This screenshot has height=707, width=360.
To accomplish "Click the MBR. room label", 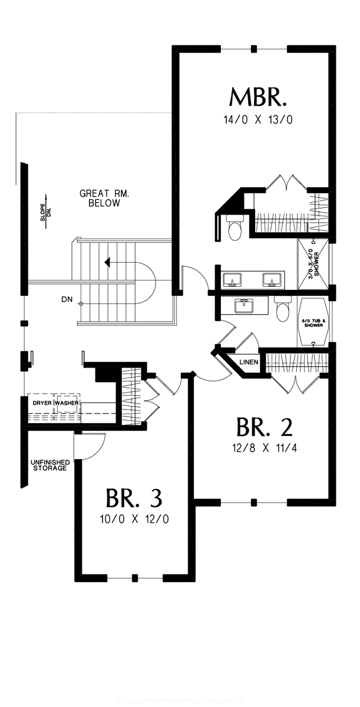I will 258,97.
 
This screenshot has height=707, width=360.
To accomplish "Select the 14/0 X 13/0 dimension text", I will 258,120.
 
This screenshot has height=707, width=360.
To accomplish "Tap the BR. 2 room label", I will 264,426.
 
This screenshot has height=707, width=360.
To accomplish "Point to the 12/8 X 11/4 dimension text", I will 264,448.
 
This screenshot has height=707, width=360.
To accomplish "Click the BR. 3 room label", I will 134,498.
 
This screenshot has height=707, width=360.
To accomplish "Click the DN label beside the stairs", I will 67,300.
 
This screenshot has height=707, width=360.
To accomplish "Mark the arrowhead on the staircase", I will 107,261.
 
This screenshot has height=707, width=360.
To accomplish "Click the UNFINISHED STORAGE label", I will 50,465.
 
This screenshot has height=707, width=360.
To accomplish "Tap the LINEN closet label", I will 248,362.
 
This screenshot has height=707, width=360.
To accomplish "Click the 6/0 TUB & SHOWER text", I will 313,323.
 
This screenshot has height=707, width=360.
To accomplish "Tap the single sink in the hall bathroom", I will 242,306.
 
